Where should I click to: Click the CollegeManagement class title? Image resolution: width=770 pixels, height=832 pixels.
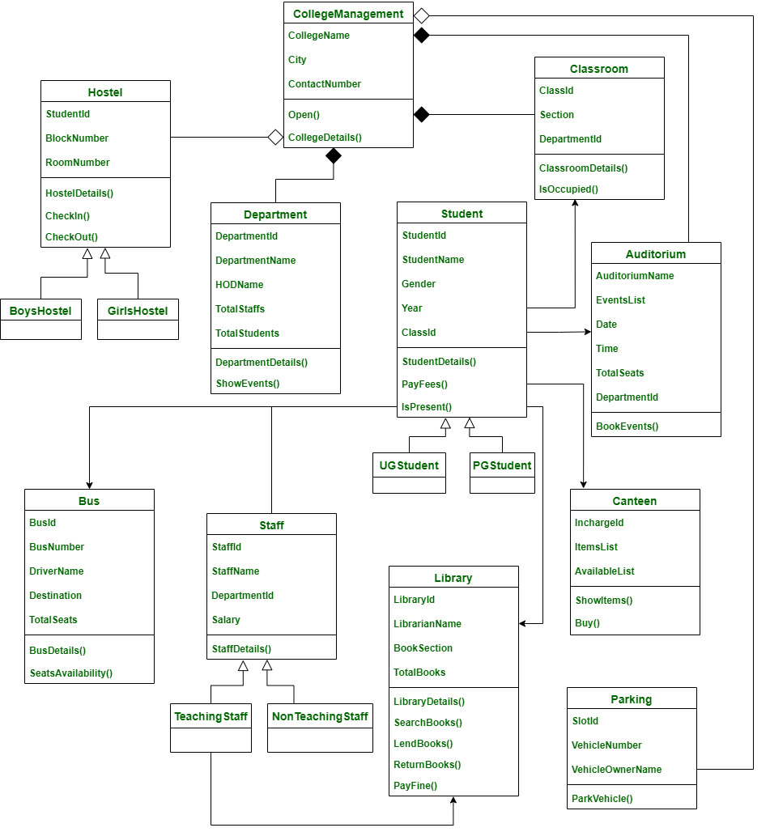(x=348, y=14)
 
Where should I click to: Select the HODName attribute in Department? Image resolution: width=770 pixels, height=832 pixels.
(x=240, y=285)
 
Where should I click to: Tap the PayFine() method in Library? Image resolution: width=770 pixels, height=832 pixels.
(x=415, y=785)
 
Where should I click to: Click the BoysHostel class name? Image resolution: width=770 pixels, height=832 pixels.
(x=40, y=311)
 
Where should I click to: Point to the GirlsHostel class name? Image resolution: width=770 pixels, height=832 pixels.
(x=138, y=311)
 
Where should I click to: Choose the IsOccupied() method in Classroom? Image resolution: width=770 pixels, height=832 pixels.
(x=568, y=189)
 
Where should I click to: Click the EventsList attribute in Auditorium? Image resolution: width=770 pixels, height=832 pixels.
(x=620, y=300)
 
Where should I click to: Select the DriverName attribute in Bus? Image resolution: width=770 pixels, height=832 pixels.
(x=57, y=571)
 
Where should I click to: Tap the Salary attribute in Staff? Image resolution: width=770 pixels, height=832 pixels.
(x=226, y=620)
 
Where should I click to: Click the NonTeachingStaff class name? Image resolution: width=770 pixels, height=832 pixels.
(x=320, y=716)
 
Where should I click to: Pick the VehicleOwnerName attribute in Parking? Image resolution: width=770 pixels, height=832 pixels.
(x=616, y=770)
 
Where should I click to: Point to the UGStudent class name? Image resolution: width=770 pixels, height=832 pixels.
(x=409, y=465)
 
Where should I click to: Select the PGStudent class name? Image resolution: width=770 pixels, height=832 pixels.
(x=502, y=465)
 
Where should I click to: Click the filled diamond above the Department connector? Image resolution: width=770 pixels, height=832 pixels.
(x=332, y=156)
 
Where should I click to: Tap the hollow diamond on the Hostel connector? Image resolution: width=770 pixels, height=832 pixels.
(x=275, y=137)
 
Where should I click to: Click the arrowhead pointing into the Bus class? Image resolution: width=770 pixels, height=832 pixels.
(x=89, y=483)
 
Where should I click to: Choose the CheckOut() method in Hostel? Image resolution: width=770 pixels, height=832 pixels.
(x=71, y=237)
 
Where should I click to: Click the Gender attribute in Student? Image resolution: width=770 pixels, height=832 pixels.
(x=419, y=284)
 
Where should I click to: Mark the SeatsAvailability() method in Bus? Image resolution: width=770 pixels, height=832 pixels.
(x=71, y=673)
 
